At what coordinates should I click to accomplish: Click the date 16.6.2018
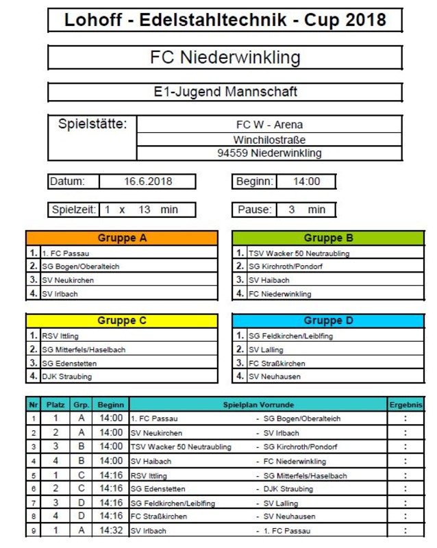pos(148,182)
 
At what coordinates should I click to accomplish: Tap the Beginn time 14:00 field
pos(306,182)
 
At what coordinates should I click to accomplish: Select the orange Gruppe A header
pos(122,238)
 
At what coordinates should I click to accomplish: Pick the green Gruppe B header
pos(328,238)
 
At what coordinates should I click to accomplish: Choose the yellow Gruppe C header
pos(122,321)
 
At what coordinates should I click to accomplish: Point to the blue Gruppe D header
pos(328,321)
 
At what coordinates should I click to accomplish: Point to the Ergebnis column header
pos(406,405)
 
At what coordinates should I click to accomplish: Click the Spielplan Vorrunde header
pos(258,405)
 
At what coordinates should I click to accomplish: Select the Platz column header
pos(55,405)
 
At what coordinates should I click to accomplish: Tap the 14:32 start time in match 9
pos(110,530)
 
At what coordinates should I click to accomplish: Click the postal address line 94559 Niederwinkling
pos(269,153)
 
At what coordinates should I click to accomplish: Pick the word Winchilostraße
pos(269,140)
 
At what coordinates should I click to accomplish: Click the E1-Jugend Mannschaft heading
pos(225,91)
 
